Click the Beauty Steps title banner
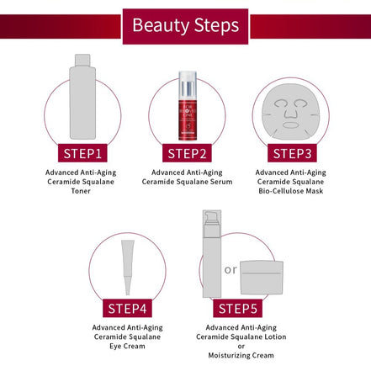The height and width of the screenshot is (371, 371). click(x=184, y=25)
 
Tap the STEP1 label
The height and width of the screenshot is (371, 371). click(x=82, y=153)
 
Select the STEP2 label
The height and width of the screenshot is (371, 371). click(x=186, y=153)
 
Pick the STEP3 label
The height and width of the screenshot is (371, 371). click(x=290, y=153)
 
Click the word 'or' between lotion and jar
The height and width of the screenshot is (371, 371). click(x=231, y=270)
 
